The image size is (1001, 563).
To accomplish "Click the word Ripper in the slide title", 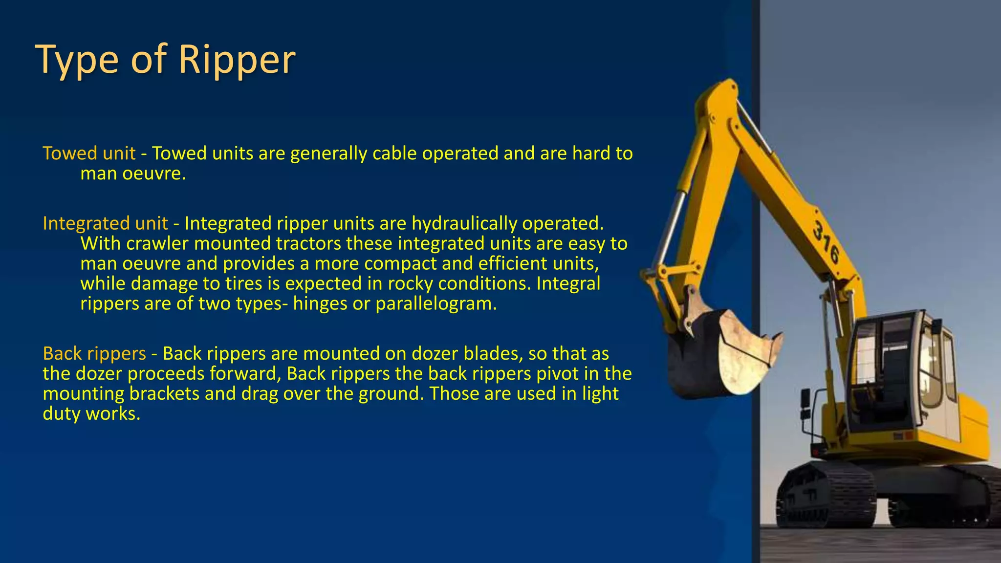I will pos(237,60).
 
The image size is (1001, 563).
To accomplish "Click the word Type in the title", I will pos(77,60).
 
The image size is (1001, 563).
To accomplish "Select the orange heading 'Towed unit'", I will pos(89,153).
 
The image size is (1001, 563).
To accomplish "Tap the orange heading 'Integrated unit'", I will pos(105,223).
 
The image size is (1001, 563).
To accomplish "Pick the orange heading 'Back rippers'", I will pos(94,353).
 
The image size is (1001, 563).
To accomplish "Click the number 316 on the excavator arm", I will pos(826,242).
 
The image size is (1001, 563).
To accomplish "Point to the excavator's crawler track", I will pos(826,494).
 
